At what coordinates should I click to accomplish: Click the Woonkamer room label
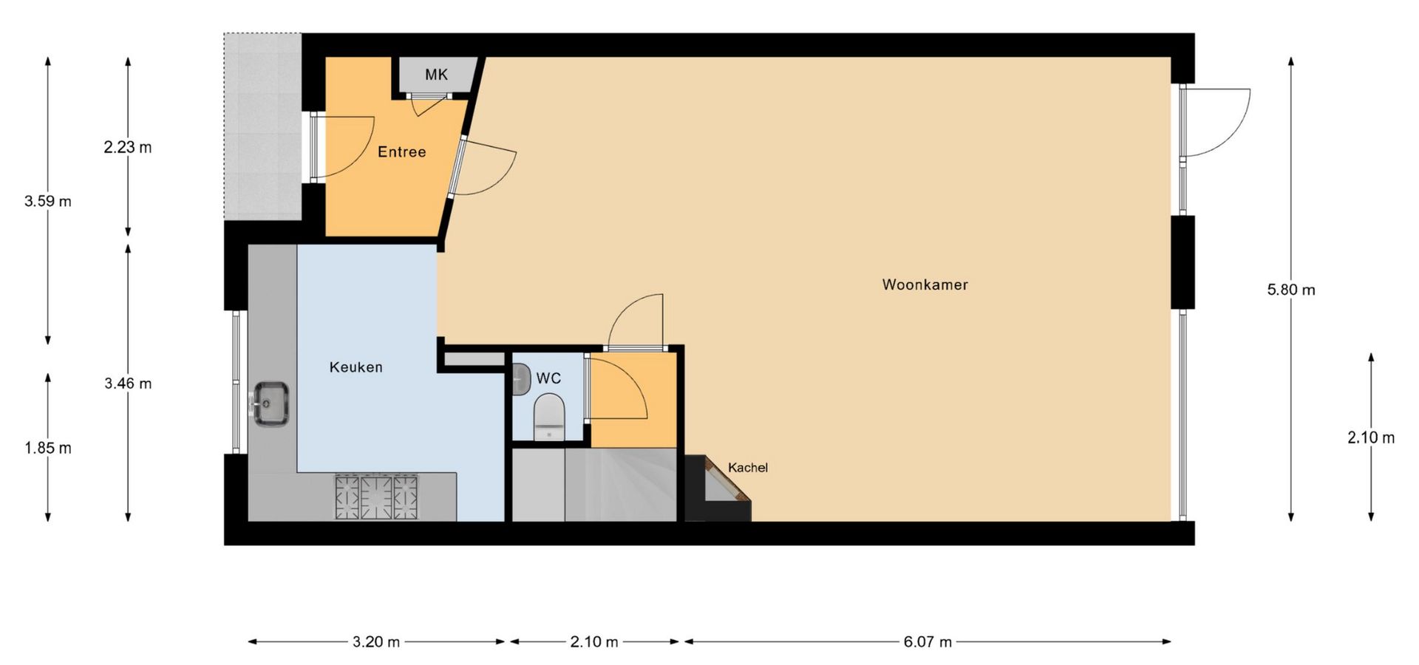point(925,284)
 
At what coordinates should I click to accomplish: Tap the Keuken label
point(355,367)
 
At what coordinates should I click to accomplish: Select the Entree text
point(401,152)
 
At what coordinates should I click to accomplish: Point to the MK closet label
point(436,75)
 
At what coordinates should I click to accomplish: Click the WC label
point(548,378)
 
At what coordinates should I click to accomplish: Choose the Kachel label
point(748,468)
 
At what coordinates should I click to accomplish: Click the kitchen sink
point(271,403)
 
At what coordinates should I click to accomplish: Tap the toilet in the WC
point(548,417)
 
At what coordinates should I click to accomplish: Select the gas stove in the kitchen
point(377,497)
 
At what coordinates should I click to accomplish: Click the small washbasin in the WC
point(521,379)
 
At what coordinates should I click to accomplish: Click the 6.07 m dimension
point(928,641)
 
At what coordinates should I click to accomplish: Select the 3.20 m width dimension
point(376,641)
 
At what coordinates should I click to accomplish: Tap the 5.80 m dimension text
point(1291,290)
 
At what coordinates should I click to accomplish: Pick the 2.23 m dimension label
point(128,147)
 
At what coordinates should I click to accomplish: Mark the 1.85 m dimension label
point(48,448)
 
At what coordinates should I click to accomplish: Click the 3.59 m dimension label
point(48,201)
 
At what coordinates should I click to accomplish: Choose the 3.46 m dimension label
point(128,383)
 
